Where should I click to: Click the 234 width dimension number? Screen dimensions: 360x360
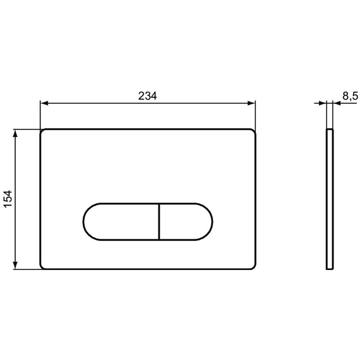(x=148, y=96)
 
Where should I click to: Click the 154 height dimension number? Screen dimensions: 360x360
(x=8, y=199)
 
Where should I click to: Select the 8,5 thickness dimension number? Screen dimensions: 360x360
(x=351, y=96)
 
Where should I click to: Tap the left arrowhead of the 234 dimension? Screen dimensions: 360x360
(x=44, y=103)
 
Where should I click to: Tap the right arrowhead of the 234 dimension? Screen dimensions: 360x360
(x=252, y=103)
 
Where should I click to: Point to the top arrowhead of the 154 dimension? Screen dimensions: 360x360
(x=15, y=134)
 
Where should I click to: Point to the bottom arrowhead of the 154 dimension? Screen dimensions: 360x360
(x=15, y=265)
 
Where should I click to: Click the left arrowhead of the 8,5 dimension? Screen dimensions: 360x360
(x=322, y=103)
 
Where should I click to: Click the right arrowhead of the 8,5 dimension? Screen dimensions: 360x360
(x=337, y=103)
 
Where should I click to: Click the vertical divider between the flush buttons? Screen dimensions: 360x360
(x=159, y=222)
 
